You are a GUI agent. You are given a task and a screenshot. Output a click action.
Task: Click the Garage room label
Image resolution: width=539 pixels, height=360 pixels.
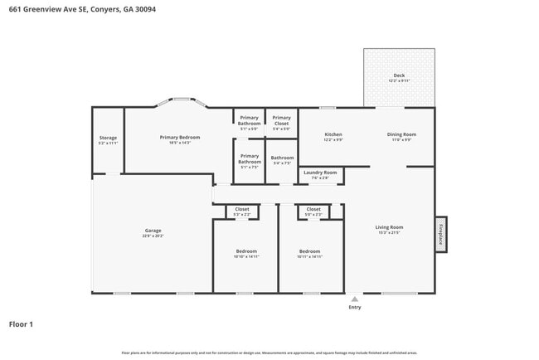tap(153, 231)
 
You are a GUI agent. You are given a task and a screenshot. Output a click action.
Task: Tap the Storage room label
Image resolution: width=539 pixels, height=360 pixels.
tap(108, 138)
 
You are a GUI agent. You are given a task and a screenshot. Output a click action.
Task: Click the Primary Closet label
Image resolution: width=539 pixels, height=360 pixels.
tap(281, 118)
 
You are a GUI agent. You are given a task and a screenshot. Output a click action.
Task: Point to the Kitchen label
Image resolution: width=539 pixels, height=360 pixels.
tap(333, 134)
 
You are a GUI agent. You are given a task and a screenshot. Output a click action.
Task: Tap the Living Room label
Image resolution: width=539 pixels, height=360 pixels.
tap(389, 227)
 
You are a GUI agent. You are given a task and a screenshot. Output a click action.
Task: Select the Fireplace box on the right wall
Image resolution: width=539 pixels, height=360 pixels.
tap(441, 233)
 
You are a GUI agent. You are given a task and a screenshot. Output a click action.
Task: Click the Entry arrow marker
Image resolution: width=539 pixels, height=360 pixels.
tap(355, 299)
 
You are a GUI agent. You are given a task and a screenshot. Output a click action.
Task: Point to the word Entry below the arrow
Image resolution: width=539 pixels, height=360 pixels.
tap(355, 308)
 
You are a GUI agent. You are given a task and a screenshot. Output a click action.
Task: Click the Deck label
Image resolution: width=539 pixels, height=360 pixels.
tap(399, 75)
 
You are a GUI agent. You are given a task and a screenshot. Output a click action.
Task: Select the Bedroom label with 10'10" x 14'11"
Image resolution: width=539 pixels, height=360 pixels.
tap(245, 251)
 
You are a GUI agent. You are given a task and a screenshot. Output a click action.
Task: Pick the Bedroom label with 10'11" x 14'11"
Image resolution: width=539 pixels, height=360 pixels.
tap(309, 251)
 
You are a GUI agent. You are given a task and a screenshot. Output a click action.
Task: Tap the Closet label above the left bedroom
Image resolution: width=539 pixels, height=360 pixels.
tap(242, 209)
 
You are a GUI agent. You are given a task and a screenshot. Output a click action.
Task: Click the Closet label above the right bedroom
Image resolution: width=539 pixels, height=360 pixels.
tap(313, 209)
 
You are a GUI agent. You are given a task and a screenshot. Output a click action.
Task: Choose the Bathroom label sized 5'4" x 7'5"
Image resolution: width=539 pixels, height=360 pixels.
tap(282, 158)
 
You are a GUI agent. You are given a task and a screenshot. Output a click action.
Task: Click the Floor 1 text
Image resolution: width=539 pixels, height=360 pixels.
tap(22, 324)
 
